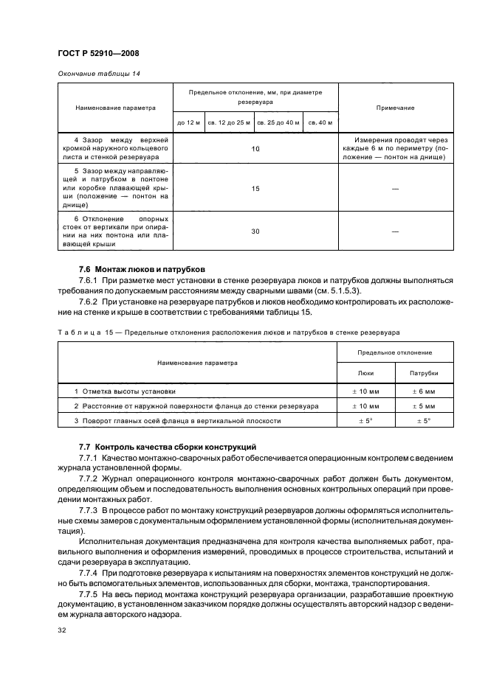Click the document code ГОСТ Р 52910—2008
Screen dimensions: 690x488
(x=98, y=52)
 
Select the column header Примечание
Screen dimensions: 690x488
(x=395, y=108)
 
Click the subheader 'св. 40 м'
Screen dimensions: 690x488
(x=320, y=122)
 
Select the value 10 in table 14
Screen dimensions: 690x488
(x=255, y=149)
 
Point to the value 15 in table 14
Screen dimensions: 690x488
(x=255, y=189)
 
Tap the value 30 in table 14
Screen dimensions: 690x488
(x=255, y=231)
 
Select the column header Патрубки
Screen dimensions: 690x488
(x=423, y=373)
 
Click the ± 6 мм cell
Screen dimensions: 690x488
(x=423, y=391)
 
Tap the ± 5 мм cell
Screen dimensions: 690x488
(x=423, y=406)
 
